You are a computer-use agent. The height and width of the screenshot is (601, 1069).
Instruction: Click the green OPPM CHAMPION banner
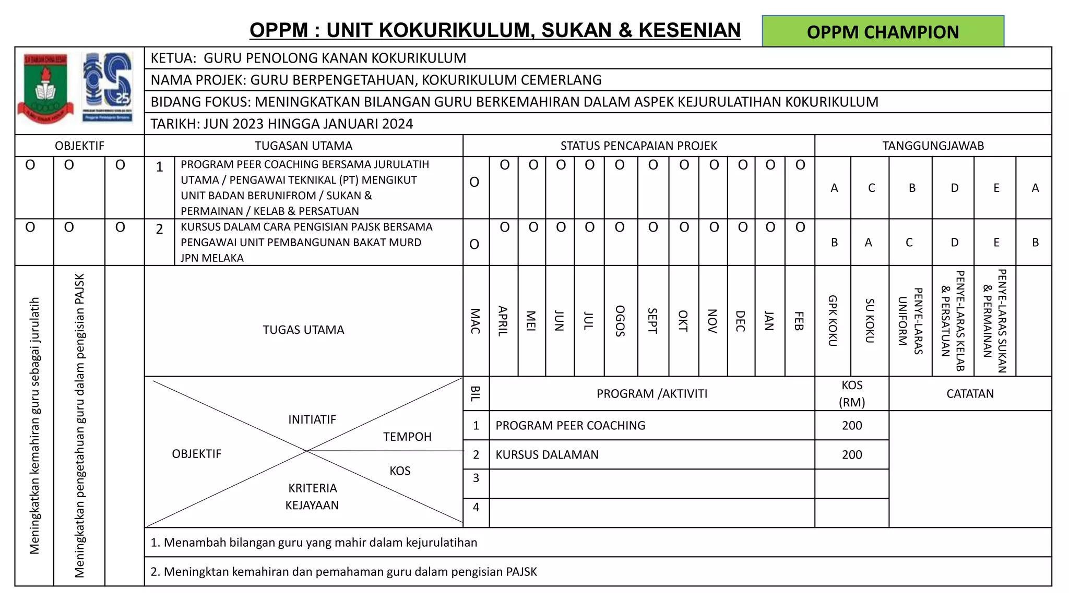(x=883, y=32)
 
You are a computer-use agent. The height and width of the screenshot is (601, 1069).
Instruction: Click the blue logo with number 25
(x=108, y=88)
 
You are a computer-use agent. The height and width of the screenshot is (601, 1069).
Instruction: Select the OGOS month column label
(x=620, y=321)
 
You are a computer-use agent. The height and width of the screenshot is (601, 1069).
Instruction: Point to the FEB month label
(x=799, y=321)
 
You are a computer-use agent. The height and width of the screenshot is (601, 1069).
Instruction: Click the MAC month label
(x=475, y=321)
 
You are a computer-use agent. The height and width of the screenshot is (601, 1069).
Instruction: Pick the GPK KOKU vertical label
(x=833, y=321)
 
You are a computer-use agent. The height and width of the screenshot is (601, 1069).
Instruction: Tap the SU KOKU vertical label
(x=869, y=321)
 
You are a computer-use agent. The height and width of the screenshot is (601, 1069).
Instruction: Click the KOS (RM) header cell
(x=852, y=393)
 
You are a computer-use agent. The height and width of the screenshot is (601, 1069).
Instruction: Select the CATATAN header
(x=970, y=393)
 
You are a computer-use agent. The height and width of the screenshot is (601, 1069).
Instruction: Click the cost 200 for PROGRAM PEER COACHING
(x=852, y=425)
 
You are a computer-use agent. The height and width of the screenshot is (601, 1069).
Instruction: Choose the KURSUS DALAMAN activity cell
(x=547, y=454)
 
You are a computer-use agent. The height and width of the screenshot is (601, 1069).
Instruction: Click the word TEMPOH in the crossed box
(x=407, y=437)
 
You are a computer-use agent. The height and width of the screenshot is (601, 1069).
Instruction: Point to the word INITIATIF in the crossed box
(x=312, y=419)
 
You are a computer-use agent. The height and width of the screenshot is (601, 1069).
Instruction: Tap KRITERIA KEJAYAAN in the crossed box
(x=312, y=496)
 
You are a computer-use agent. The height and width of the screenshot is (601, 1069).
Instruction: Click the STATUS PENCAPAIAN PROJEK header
(x=638, y=146)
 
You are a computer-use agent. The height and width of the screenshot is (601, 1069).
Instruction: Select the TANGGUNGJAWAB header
(x=933, y=146)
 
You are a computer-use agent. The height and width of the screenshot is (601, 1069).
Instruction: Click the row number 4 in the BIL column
(x=476, y=507)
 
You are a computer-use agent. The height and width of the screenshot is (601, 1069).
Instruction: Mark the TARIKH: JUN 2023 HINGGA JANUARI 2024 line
(x=282, y=124)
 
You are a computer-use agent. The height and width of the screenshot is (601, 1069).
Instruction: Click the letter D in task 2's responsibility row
(x=954, y=242)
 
